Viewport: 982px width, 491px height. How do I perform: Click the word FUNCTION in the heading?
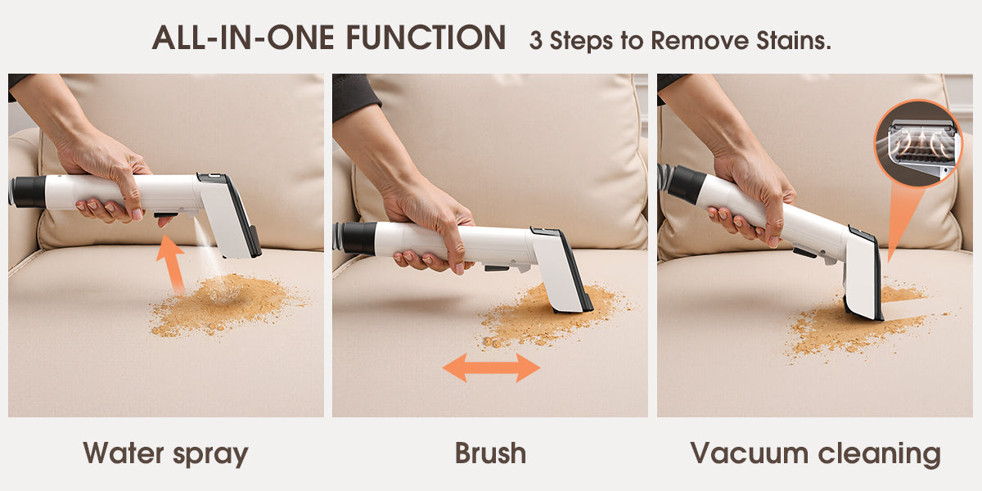click(x=426, y=38)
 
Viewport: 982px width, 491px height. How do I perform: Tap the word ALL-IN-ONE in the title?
click(x=243, y=38)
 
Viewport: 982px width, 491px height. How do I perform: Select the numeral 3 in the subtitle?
click(x=535, y=41)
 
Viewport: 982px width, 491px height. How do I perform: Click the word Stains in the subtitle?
click(x=793, y=41)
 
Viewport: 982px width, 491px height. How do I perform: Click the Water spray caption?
click(x=165, y=453)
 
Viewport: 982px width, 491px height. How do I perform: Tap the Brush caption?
click(x=490, y=453)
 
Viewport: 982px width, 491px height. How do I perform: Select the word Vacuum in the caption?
click(x=750, y=453)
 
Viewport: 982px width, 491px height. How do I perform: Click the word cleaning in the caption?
click(x=880, y=453)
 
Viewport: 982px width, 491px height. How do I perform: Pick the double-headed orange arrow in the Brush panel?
click(x=492, y=367)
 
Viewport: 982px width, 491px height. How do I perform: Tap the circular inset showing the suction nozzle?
click(x=918, y=143)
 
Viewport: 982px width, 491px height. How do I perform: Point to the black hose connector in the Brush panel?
click(x=357, y=238)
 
